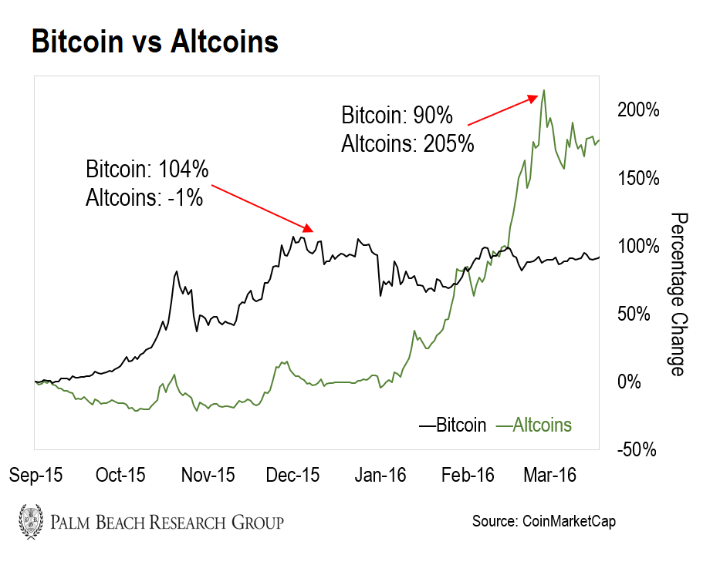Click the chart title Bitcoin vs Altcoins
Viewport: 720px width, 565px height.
click(x=154, y=42)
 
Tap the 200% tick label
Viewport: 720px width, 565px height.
click(x=638, y=110)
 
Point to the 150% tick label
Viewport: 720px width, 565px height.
click(x=638, y=178)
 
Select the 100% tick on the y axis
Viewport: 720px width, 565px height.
click(x=638, y=247)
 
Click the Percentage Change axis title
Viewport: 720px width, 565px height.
click(x=678, y=294)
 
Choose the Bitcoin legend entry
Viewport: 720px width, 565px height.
click(x=452, y=425)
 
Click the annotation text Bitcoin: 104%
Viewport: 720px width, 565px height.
click(x=147, y=170)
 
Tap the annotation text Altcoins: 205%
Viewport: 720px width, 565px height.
click(x=407, y=143)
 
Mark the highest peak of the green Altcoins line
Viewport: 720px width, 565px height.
click(x=544, y=90)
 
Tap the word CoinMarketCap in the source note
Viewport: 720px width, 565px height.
click(x=568, y=522)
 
